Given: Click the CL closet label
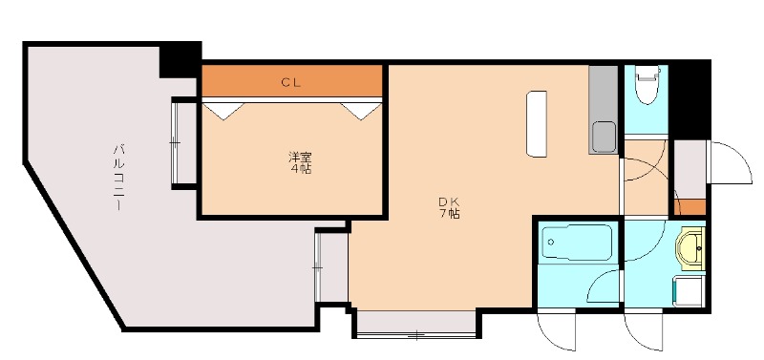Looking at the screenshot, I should (291, 82).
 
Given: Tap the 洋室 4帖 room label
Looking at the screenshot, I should (300, 162).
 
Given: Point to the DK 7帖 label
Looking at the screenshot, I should (449, 207).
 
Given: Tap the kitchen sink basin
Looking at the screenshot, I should (604, 138).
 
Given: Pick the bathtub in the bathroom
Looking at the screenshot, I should (576, 244).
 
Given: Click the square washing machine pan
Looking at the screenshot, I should (690, 292).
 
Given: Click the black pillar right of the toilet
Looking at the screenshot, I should (691, 99).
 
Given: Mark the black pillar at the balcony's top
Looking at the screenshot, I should (180, 59).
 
